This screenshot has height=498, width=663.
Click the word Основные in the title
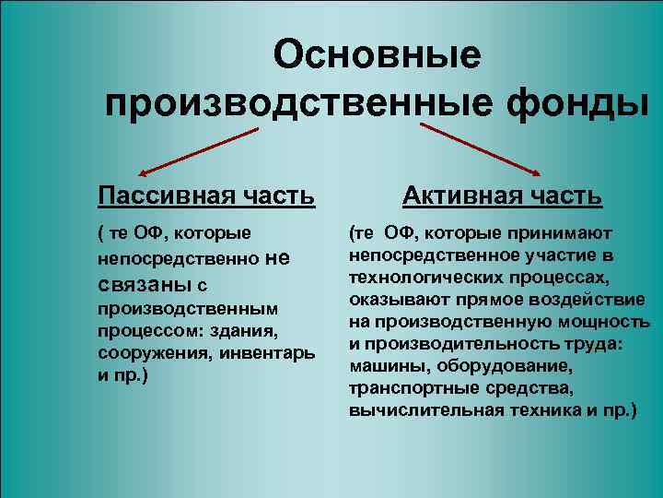(x=377, y=55)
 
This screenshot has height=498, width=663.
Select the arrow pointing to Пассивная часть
(x=197, y=150)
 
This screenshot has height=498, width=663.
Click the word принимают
(x=559, y=234)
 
